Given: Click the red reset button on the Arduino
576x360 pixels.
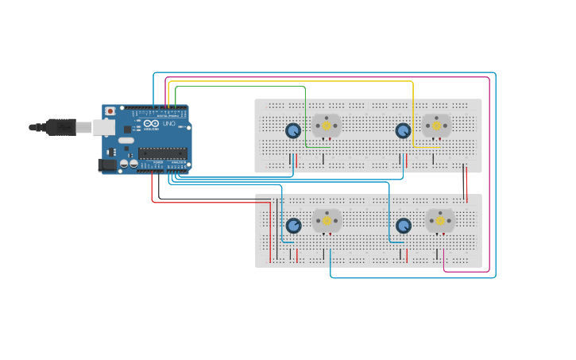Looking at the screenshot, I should pos(110,110).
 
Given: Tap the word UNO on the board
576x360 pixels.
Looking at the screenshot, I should pos(168,124).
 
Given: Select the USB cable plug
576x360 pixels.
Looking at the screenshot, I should pos(60,127).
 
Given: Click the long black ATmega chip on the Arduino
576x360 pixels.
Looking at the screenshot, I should pos(163,153).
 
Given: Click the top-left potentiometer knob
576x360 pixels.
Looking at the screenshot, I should pos(293,130).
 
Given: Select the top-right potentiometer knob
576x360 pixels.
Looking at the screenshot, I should pos(403,130).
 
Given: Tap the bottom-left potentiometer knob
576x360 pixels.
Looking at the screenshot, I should pos(294,226).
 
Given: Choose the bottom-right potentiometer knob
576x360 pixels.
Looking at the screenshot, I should pos(404,226).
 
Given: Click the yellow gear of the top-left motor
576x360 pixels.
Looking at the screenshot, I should pos(326,126).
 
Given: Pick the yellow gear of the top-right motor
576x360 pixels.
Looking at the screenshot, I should pos(435,126).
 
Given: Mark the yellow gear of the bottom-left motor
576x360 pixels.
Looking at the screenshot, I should pos(326,221).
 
